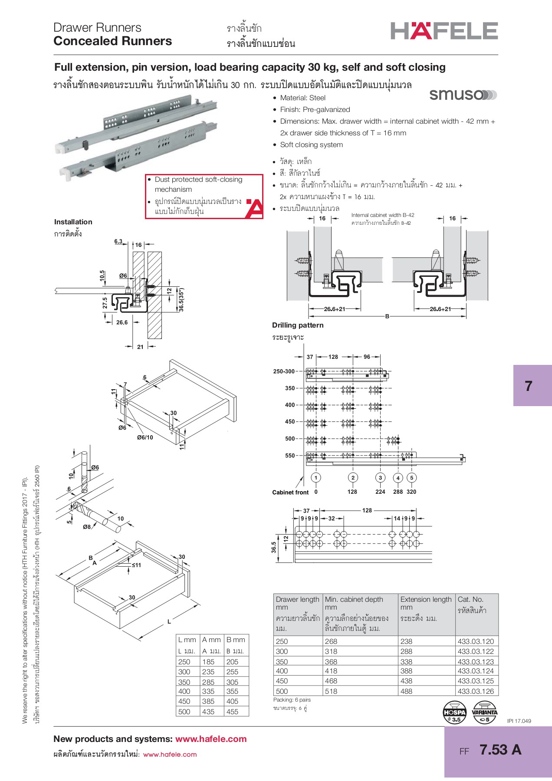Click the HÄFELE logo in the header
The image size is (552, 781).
click(x=444, y=31)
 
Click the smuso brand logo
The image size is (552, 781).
click(x=463, y=95)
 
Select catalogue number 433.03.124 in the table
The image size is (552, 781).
click(x=476, y=671)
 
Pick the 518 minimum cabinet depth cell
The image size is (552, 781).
click(x=331, y=691)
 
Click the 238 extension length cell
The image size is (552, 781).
click(x=407, y=641)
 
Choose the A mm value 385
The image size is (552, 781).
click(x=208, y=701)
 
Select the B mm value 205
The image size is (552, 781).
click(x=232, y=662)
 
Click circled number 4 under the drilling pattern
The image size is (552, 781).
click(x=398, y=478)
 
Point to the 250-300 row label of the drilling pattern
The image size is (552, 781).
click(x=284, y=371)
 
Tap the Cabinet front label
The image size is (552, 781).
click(x=290, y=492)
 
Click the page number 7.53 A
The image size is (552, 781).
click(x=500, y=750)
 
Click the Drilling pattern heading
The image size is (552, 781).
click(x=298, y=325)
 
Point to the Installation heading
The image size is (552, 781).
click(x=73, y=222)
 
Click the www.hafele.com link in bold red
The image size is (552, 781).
click(x=211, y=739)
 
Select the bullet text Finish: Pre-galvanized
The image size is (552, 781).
click(x=315, y=109)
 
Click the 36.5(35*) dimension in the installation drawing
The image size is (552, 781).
click(x=181, y=299)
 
